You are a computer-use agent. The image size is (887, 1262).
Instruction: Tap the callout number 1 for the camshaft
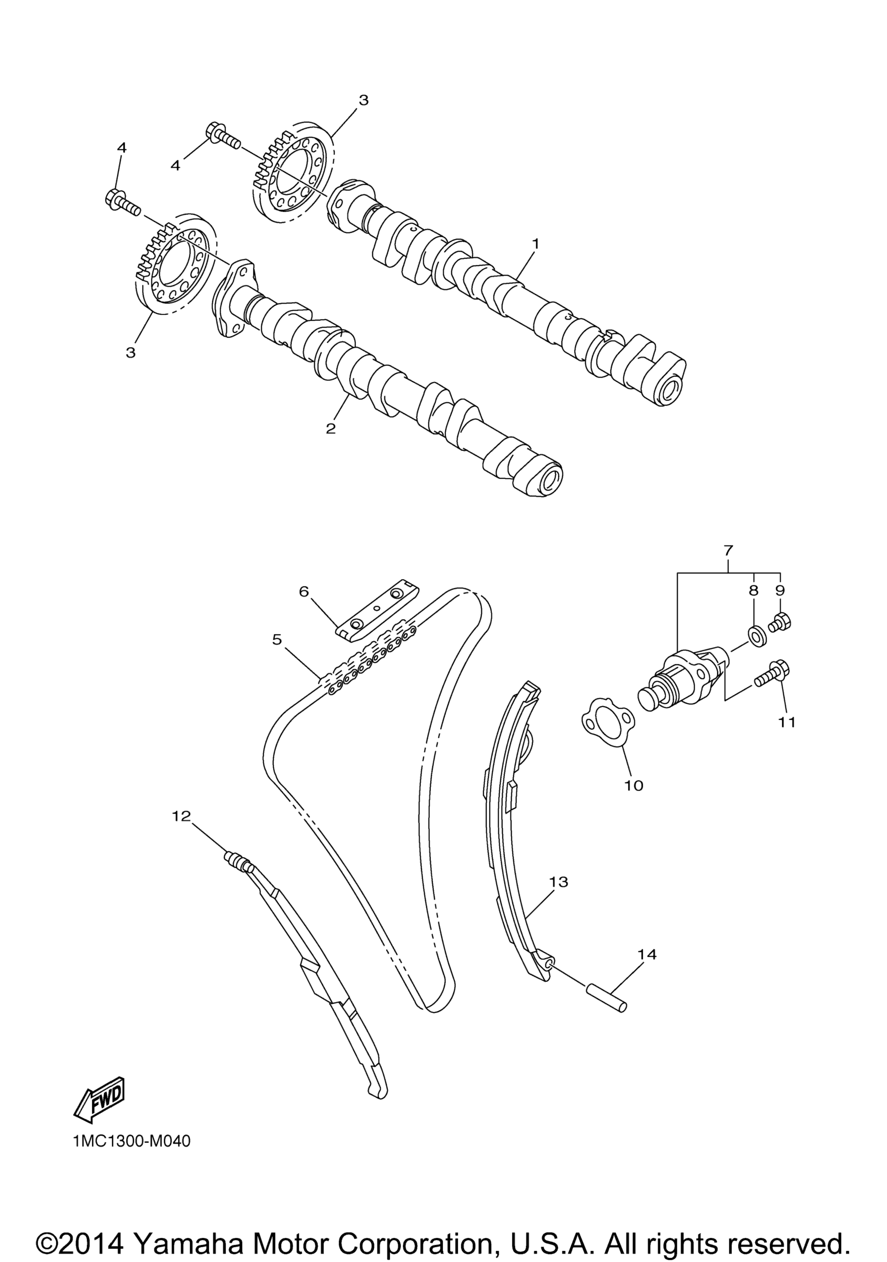tap(536, 243)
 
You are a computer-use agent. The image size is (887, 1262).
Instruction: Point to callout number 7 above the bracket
tap(728, 550)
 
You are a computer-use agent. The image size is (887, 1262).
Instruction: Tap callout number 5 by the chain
tap(277, 639)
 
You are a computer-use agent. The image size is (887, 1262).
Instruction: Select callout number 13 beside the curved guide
tap(559, 882)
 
